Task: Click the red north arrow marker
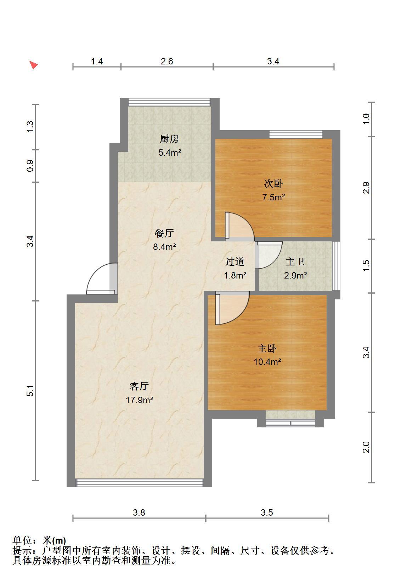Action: tap(33, 64)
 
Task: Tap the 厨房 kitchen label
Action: tap(169, 139)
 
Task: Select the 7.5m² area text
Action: tap(273, 197)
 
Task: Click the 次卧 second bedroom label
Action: tap(273, 184)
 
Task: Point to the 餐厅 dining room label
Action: tap(164, 233)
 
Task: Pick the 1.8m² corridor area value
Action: tap(235, 275)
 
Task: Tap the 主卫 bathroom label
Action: tap(295, 262)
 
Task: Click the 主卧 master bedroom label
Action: tap(267, 348)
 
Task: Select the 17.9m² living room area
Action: tap(139, 400)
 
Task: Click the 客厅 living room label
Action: tap(139, 386)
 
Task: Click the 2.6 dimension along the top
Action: tap(167, 61)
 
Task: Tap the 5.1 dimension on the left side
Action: tap(30, 390)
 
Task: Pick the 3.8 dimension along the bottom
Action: tap(139, 512)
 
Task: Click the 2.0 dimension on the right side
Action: tap(366, 447)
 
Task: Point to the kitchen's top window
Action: tap(169, 102)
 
